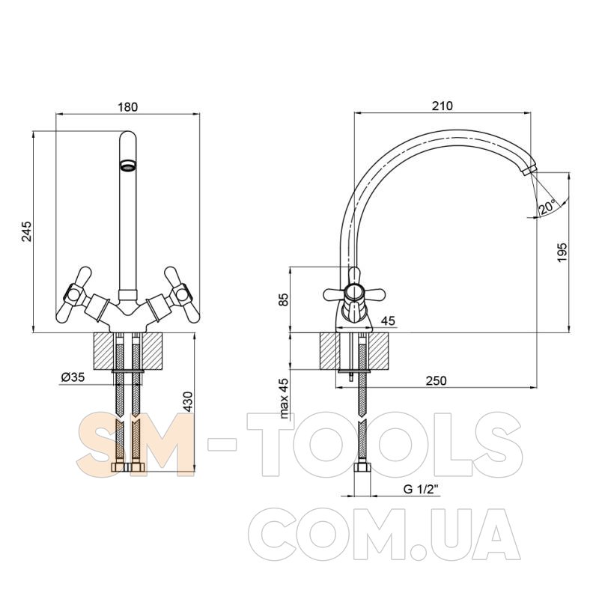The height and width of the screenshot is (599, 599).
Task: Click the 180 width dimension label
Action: [127, 106]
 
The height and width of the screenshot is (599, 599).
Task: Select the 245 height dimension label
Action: [26, 231]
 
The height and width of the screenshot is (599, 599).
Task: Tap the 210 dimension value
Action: [443, 106]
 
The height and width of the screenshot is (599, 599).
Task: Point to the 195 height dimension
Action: [562, 252]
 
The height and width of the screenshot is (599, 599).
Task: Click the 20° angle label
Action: [547, 207]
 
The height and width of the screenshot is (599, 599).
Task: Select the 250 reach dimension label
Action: [436, 380]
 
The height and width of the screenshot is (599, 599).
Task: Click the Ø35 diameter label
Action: [73, 377]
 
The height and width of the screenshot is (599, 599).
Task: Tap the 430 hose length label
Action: [188, 401]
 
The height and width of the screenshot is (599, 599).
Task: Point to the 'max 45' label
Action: [284, 398]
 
